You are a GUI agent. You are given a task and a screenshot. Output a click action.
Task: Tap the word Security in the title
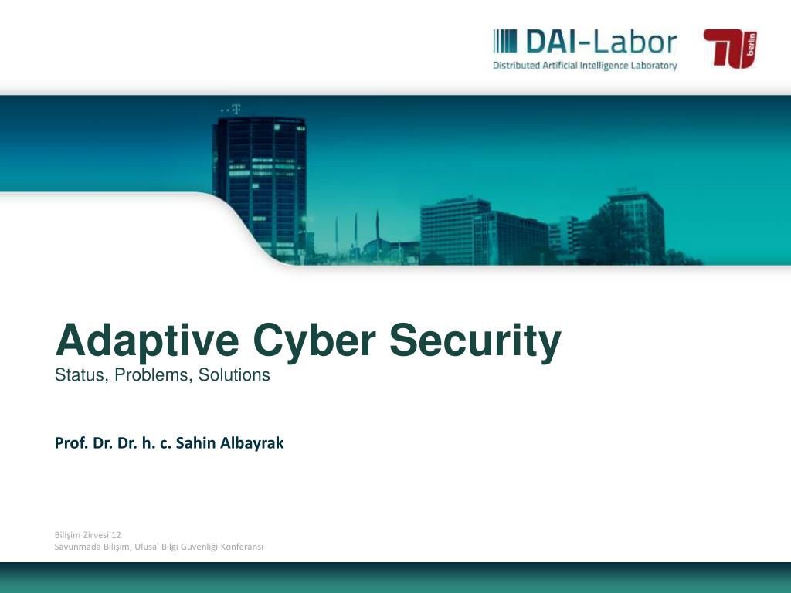coord(475,341)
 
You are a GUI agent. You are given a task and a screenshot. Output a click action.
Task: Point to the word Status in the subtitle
coord(80,376)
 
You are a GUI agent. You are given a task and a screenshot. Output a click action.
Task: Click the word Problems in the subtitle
coord(155,376)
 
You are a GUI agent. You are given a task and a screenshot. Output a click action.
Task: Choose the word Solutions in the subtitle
coord(234,376)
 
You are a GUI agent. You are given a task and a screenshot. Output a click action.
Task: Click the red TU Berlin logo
coord(730,48)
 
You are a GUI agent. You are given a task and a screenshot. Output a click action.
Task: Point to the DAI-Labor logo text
coord(601,41)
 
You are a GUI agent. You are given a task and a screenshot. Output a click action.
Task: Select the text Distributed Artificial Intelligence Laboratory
coord(585,66)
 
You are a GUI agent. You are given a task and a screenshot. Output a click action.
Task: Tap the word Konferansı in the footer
coord(243,547)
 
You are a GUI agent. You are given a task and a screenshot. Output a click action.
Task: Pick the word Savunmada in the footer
coord(76,547)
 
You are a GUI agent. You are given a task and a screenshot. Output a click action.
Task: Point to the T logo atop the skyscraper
coord(236,109)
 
